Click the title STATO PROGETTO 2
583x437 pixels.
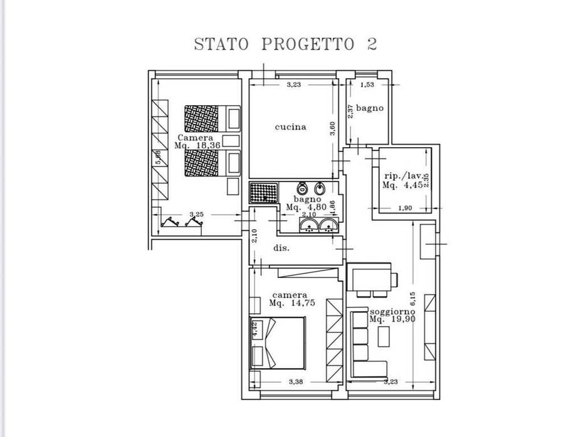coord(285,44)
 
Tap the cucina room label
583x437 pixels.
coord(291,127)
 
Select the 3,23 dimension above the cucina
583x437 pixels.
coord(294,85)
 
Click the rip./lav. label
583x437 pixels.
coord(399,176)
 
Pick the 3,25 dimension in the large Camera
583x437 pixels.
coord(196,214)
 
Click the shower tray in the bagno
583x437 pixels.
coord(263,192)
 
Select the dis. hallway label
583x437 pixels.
coord(281,249)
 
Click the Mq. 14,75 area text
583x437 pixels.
coord(291,303)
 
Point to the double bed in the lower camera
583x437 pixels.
coord(278,343)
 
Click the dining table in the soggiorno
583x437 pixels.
coord(371,277)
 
